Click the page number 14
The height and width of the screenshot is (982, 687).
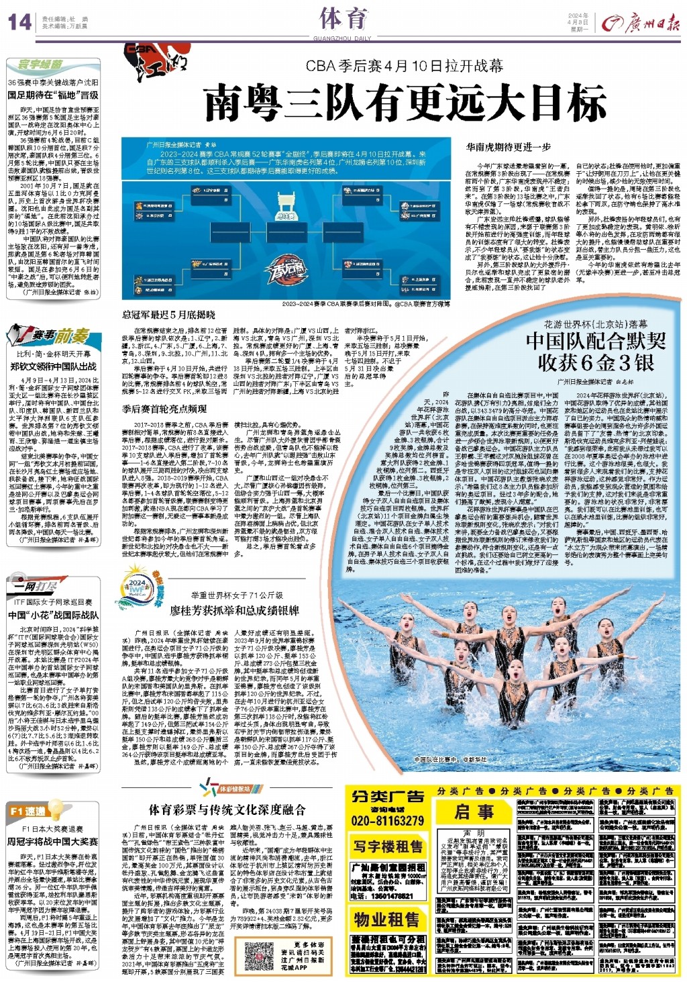(19, 21)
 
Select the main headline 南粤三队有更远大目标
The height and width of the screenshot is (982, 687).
(405, 104)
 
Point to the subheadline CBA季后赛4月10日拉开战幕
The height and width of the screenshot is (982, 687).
(405, 66)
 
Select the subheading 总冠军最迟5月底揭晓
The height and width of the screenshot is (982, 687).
(168, 314)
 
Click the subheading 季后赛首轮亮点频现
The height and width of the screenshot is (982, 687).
(164, 408)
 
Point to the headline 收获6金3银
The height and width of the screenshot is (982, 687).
(595, 362)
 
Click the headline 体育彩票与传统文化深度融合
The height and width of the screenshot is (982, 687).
(227, 809)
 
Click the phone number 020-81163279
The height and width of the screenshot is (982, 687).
(387, 820)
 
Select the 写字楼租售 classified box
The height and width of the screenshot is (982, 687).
(388, 846)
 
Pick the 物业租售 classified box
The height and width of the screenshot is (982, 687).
(388, 918)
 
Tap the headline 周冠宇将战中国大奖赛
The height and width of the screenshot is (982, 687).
(52, 841)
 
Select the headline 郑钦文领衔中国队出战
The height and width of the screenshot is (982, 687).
(53, 366)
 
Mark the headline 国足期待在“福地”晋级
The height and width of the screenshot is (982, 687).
(53, 95)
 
